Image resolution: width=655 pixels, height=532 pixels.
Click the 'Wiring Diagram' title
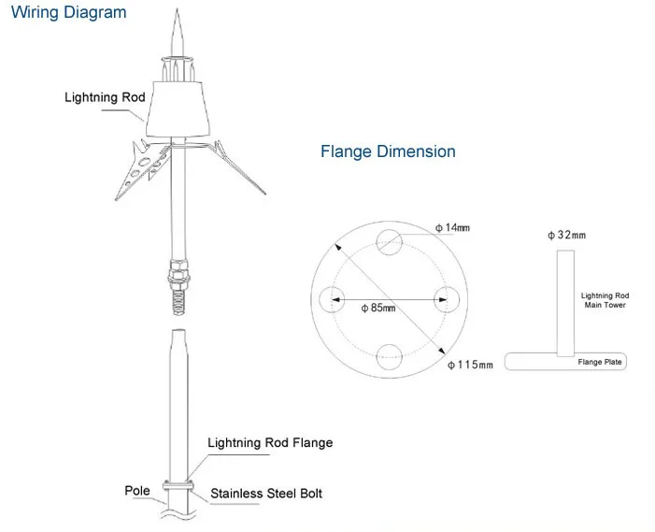click(68, 14)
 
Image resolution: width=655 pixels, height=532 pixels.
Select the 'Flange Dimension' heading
click(388, 151)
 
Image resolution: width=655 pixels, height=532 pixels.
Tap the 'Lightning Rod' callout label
click(105, 97)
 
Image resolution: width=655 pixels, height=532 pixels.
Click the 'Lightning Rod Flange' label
click(270, 443)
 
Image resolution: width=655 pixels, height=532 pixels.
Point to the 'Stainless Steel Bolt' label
click(266, 493)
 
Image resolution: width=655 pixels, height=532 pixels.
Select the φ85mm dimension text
click(379, 308)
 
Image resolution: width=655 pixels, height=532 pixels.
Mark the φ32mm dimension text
click(566, 235)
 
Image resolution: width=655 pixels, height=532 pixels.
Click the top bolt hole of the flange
click(390, 242)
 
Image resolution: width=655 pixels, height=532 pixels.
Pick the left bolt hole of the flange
click(333, 299)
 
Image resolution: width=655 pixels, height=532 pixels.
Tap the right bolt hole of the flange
click(447, 299)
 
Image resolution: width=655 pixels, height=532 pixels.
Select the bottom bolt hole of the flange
click(390, 356)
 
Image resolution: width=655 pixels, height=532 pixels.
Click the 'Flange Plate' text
click(599, 362)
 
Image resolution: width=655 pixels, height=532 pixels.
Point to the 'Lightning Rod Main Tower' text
click(604, 299)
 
